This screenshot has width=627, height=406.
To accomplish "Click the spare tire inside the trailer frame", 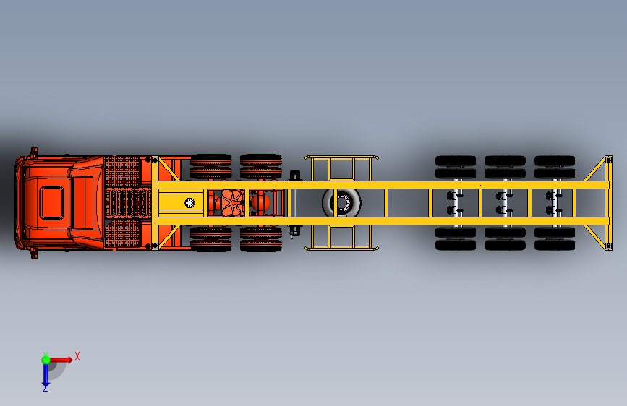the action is [x=341, y=202].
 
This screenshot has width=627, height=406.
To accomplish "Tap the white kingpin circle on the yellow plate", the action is [x=189, y=202].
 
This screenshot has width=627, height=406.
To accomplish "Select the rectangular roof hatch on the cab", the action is [x=51, y=202].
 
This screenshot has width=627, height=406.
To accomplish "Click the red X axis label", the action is [x=77, y=356].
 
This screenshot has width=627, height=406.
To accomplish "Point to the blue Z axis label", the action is [x=46, y=389].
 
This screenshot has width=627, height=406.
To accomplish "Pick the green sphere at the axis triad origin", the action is [x=46, y=360].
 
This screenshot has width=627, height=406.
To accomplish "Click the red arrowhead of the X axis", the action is [x=69, y=360].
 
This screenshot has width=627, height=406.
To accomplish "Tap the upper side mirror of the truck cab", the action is [x=35, y=152].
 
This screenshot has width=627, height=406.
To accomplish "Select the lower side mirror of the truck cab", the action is [x=35, y=254].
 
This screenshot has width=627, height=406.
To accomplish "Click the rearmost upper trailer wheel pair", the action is [x=555, y=167].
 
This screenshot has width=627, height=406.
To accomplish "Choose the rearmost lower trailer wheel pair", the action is [x=555, y=238].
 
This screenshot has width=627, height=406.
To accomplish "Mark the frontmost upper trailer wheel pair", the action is [x=456, y=167].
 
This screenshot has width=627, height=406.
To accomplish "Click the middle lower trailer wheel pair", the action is [x=505, y=238].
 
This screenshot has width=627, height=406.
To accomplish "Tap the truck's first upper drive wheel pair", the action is [x=211, y=166].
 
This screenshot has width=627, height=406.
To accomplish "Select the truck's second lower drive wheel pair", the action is [x=261, y=239].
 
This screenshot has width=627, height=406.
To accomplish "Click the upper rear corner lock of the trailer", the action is [x=609, y=160].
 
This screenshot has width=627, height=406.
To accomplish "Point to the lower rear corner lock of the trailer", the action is [x=609, y=246].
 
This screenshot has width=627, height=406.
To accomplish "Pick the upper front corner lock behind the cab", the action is [x=155, y=160].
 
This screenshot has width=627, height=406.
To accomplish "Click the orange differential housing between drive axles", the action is [x=231, y=202].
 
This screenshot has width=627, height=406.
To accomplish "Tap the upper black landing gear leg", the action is [x=295, y=176].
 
